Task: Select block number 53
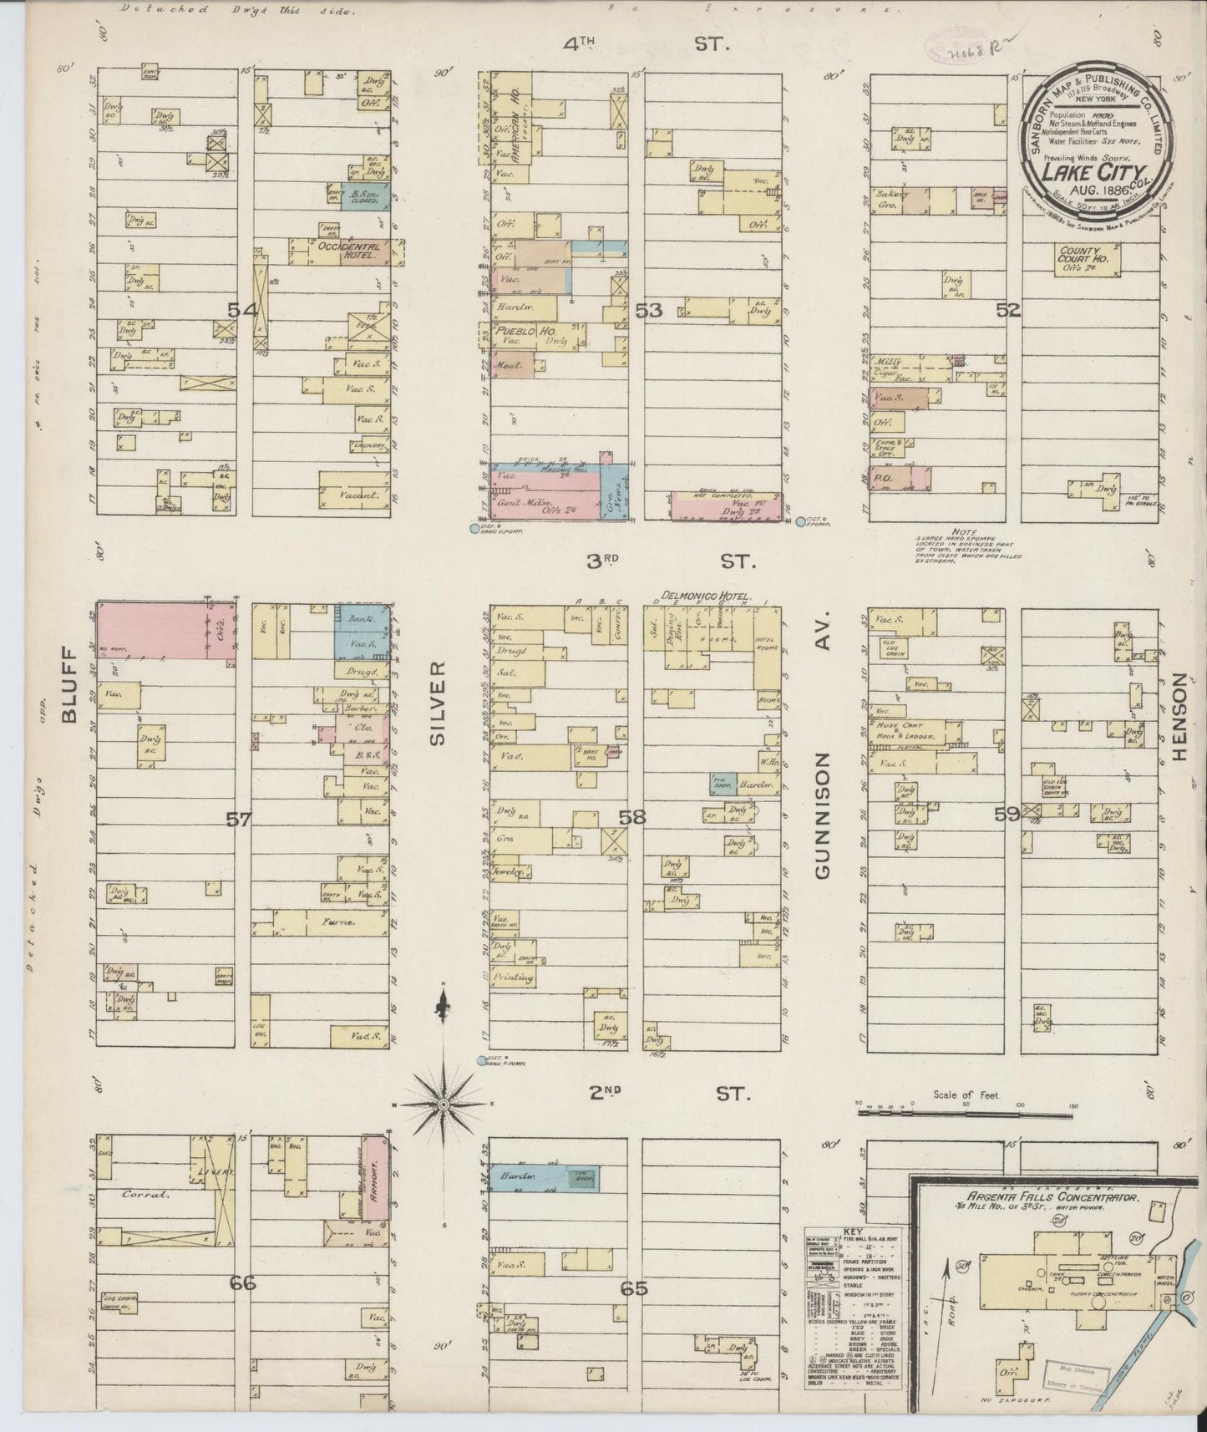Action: click(x=649, y=312)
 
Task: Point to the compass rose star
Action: click(x=444, y=1104)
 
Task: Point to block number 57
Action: click(x=239, y=820)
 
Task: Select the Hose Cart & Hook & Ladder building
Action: click(x=910, y=733)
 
